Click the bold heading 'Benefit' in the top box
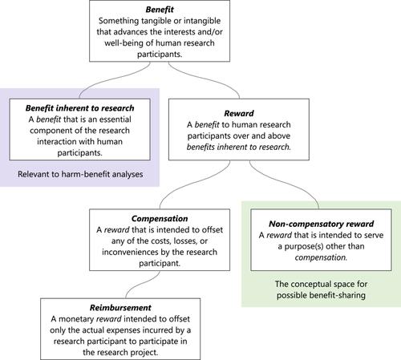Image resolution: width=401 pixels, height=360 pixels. [160, 10]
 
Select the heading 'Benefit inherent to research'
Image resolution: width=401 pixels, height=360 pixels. [79, 108]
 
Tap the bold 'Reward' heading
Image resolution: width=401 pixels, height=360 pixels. [239, 113]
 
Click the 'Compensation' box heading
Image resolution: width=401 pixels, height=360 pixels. [160, 219]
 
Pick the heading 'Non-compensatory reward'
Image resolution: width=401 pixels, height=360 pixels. [321, 224]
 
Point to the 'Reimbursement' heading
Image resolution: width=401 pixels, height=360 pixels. [120, 308]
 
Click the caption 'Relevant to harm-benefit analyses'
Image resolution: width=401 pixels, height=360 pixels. [80, 174]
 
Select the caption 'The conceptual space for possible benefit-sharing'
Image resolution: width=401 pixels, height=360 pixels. [321, 289]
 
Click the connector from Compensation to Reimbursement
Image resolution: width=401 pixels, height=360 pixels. [143, 284]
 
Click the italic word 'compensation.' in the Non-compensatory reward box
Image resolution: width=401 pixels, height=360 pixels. [321, 257]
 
